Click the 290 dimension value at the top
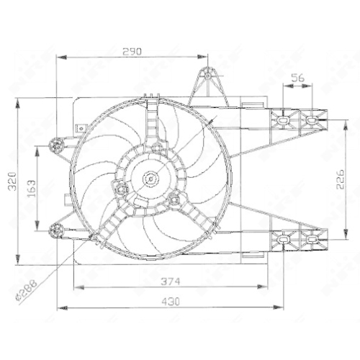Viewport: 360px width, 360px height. pyautogui.click(x=132, y=51)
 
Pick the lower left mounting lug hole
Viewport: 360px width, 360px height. pyautogui.click(x=55, y=230)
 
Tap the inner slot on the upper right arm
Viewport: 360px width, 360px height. pyautogui.click(x=284, y=119)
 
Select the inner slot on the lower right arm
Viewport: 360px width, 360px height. pyautogui.click(x=284, y=237)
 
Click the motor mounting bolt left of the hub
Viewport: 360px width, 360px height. pyautogui.click(x=121, y=190)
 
